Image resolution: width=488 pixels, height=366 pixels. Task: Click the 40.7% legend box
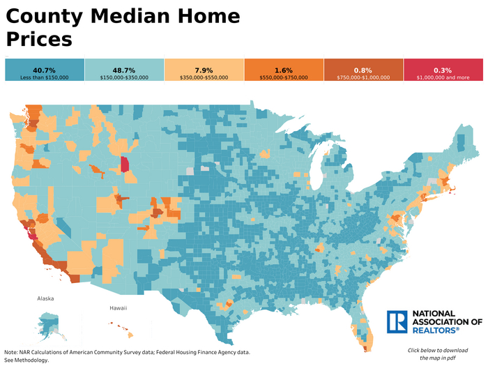point(44,71)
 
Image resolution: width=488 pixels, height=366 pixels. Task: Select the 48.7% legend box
point(124,71)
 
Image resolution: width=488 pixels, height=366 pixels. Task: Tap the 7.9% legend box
point(204,71)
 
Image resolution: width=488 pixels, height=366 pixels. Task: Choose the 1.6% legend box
point(284,71)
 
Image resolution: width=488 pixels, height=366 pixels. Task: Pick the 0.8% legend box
point(363,71)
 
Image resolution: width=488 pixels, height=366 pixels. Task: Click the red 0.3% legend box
point(443,71)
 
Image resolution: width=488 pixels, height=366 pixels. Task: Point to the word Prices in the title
point(39,39)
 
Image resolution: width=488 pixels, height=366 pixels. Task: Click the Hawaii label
point(118,307)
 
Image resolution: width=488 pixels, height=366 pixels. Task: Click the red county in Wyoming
point(124,165)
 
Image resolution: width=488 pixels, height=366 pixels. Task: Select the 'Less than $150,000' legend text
point(44,77)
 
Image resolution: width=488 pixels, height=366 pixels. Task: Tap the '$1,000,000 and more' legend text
point(443,77)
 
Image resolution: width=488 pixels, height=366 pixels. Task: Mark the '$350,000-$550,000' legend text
point(204,77)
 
